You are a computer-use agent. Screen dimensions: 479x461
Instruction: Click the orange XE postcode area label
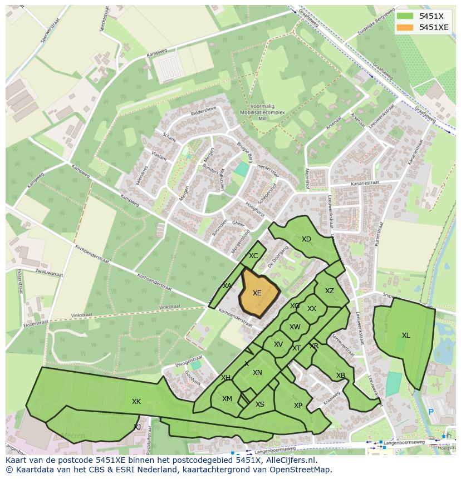click(x=257, y=293)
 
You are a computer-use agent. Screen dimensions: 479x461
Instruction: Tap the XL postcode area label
click(x=406, y=335)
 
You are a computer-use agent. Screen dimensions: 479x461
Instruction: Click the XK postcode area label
click(x=136, y=401)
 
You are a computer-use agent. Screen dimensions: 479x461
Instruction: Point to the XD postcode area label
click(x=306, y=239)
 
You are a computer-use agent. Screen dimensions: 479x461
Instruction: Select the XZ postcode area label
click(x=330, y=291)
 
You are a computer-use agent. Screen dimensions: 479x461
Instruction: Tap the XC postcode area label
click(x=253, y=256)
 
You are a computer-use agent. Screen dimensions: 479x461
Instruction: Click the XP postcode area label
click(x=298, y=406)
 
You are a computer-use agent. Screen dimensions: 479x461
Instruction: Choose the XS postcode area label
click(x=260, y=404)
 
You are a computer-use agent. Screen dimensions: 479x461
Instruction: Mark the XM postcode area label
click(x=227, y=399)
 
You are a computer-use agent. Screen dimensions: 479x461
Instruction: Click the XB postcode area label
click(x=341, y=376)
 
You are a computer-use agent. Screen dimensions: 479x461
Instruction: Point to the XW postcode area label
click(x=295, y=327)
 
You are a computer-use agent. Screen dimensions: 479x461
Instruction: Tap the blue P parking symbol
click(x=430, y=412)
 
